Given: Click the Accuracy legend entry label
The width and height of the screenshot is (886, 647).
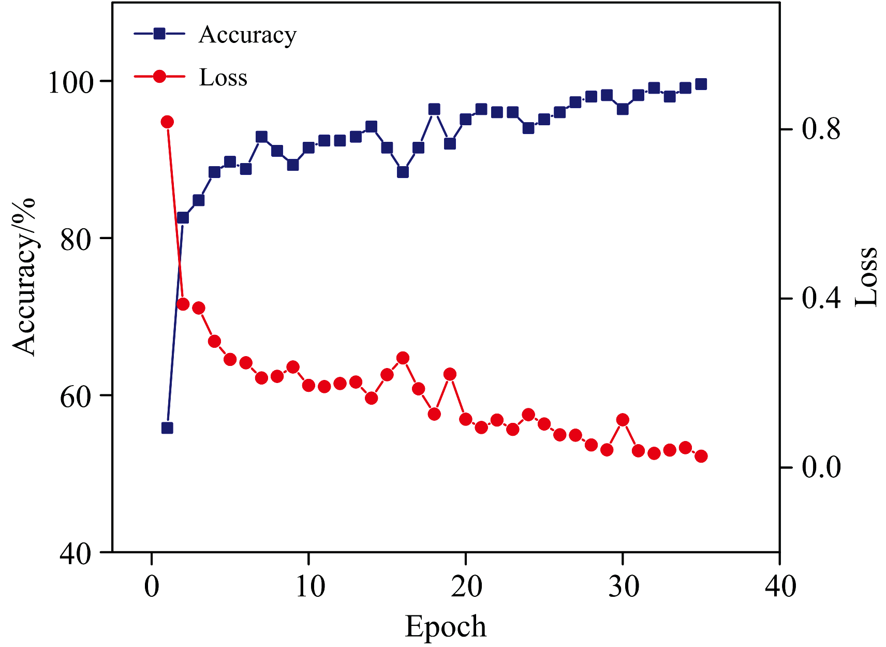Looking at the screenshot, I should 247,35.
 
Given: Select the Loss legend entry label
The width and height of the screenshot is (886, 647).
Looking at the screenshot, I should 223,78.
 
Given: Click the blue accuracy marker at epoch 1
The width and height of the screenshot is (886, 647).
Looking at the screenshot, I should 167,428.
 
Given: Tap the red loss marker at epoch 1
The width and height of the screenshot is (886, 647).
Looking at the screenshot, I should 167,122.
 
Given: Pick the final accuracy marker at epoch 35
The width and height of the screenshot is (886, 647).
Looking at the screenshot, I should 701,84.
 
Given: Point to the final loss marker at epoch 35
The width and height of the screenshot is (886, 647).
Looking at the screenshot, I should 701,456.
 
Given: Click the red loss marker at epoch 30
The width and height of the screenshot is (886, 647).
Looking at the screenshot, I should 623,419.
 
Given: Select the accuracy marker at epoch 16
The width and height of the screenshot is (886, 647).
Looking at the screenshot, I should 403,172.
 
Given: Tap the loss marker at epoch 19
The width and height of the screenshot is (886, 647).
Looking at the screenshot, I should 450,374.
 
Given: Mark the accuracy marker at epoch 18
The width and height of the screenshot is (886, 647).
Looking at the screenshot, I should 434,109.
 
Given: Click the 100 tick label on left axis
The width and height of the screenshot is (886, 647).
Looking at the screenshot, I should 70,82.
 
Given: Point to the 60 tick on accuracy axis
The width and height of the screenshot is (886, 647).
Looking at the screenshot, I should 76,396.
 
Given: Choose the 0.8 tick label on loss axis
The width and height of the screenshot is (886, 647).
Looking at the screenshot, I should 821,129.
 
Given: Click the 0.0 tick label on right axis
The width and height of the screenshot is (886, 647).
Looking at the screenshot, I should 821,468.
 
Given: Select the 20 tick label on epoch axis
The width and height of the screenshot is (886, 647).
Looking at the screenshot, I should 466,587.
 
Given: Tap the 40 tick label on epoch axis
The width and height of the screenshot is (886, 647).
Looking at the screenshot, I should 779,587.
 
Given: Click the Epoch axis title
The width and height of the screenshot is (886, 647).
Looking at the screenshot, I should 446,627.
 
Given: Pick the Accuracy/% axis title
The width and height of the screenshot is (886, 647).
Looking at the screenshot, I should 25,276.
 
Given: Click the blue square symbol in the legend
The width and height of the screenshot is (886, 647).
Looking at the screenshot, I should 159,34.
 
